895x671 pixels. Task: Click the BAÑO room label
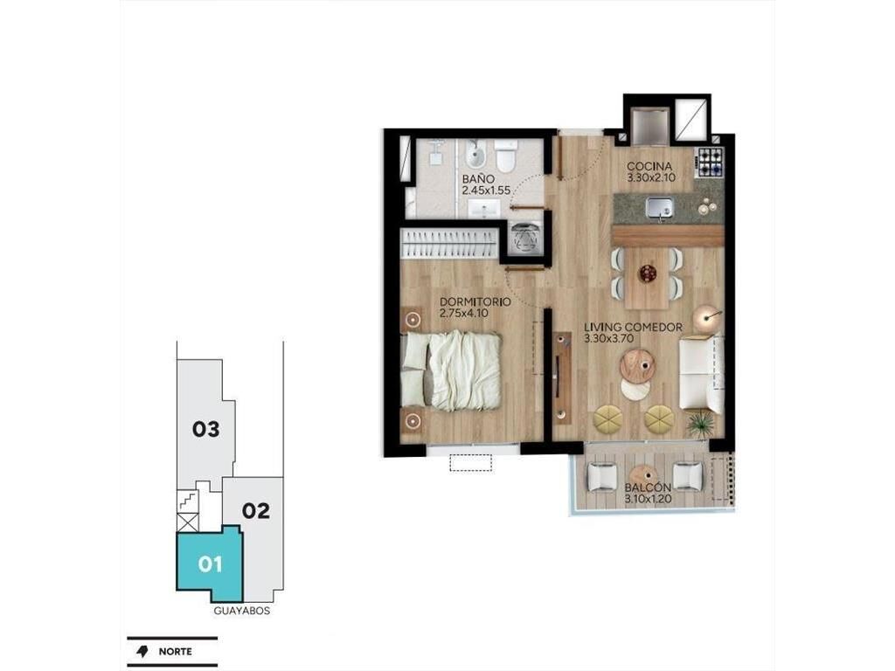pos(478,179)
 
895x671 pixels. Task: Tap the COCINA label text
pos(649,166)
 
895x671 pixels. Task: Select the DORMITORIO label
pos(475,301)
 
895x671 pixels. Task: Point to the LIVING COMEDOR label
pos(633,327)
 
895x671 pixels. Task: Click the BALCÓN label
pos(648,488)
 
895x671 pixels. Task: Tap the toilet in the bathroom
pos(506,156)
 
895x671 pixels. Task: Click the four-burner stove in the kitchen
pos(710,161)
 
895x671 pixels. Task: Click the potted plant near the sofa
pos(700,424)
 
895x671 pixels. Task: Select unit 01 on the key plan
pos(210,564)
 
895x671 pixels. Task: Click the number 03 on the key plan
pos(205,428)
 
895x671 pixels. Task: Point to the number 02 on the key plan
pos(256,510)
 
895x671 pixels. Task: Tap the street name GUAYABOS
pos(242,611)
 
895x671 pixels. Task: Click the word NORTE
pos(175,652)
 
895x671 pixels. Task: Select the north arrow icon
pos(142,652)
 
